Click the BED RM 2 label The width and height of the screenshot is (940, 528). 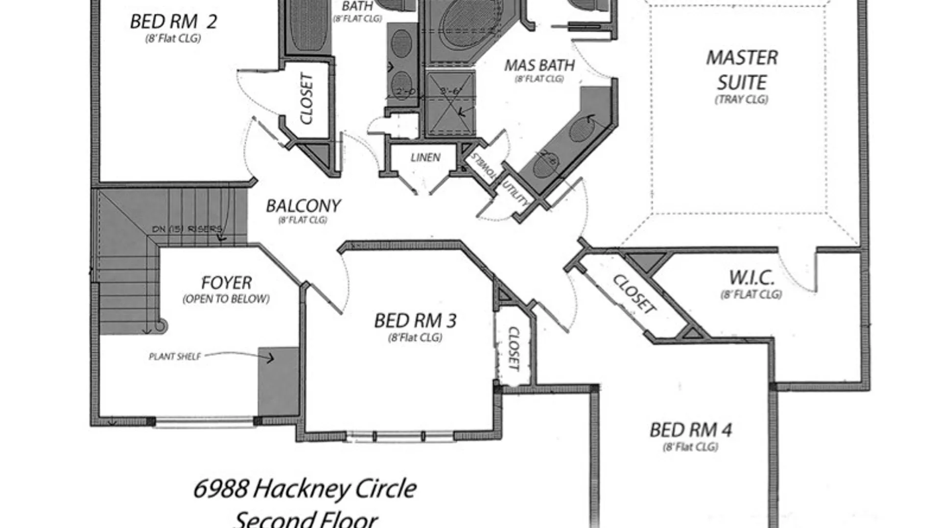click(173, 22)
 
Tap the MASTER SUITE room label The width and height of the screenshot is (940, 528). click(742, 70)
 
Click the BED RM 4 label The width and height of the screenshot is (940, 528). click(690, 430)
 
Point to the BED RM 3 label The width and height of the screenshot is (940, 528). click(415, 321)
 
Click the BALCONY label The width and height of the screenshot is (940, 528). click(303, 206)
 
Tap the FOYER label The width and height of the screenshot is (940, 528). click(226, 283)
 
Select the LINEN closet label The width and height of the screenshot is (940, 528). click(425, 157)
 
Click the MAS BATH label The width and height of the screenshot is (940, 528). click(540, 66)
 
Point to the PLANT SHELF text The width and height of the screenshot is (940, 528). click(175, 356)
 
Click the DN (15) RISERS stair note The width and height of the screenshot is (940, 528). click(187, 229)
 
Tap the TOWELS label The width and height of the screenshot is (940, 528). click(484, 165)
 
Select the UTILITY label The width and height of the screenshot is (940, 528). click(516, 193)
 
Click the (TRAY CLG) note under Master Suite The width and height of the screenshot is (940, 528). click(741, 99)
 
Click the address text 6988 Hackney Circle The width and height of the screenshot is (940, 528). click(305, 488)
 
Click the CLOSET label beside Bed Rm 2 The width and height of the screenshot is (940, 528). click(306, 99)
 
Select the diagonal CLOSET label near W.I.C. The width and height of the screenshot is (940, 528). click(634, 294)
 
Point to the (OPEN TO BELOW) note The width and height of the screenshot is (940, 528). click(226, 299)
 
